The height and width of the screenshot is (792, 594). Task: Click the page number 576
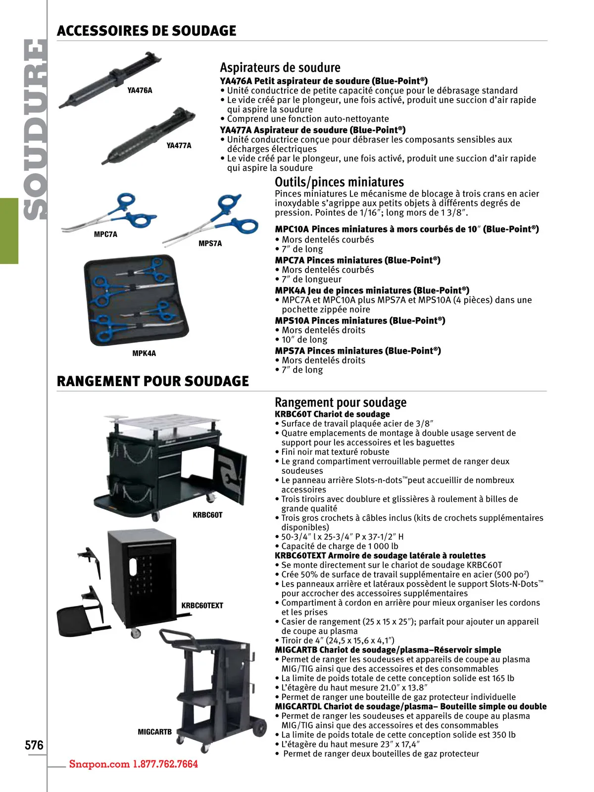pos(34,745)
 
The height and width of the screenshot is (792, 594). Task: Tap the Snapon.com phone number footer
pos(134,764)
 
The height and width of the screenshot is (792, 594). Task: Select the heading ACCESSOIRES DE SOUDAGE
pos(147,31)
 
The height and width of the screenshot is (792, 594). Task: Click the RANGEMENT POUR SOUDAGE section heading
pos(153,381)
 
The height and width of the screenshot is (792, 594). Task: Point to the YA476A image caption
pos(140,90)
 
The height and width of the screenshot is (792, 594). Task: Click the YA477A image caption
pos(179,146)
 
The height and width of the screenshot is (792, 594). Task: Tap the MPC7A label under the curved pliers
pos(105,234)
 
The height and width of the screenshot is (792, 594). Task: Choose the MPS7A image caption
pos(210,244)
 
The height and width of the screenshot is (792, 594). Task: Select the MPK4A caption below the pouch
pos(144,353)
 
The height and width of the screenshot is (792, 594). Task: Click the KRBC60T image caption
pos(207,515)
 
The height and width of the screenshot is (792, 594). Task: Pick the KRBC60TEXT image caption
pos(202,605)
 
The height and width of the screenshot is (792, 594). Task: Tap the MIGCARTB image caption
pos(155,732)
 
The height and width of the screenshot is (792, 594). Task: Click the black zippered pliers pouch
pos(136,300)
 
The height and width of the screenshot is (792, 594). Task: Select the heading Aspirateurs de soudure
pos(280,67)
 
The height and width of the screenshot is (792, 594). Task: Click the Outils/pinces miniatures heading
pos(340,182)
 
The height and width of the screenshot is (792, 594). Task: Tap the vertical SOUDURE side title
pos(35,129)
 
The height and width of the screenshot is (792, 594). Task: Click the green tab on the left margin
pos(9,231)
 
